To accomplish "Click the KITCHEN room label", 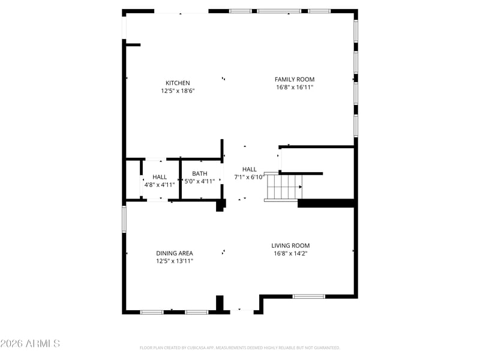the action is click(x=178, y=83).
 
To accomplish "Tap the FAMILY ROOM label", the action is click(x=295, y=79).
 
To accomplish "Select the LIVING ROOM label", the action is click(x=290, y=245).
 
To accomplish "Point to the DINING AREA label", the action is click(x=175, y=253).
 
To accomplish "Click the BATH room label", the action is click(x=200, y=173).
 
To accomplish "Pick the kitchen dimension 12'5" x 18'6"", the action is click(x=178, y=91).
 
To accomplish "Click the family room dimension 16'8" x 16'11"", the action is click(x=295, y=87).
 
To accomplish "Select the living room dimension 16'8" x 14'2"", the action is click(x=290, y=253).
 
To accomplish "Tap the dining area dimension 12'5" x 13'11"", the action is click(x=175, y=261).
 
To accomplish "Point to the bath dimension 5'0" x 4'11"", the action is click(x=200, y=181).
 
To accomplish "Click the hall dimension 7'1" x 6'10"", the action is click(x=249, y=177).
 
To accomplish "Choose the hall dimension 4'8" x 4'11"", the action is click(x=160, y=185).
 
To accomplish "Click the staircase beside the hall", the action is click(x=283, y=187).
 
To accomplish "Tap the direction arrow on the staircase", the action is click(x=301, y=187).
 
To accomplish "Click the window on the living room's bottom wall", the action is click(x=308, y=296).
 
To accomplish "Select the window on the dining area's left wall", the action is click(x=124, y=219).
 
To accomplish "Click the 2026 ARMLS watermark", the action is click(x=30, y=343).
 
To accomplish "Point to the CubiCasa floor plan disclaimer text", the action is click(x=239, y=348).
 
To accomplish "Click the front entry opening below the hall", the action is click(x=242, y=312).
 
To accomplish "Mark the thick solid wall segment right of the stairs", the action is click(x=326, y=203).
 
